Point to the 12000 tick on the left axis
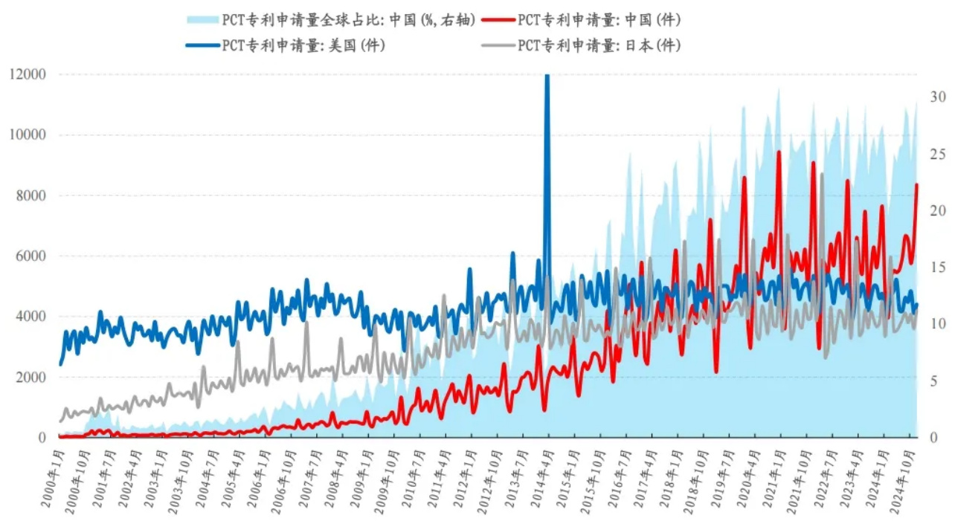pos(29,74)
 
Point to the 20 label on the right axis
pos(936,211)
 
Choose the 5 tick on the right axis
pos(933,381)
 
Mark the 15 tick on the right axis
pos(936,268)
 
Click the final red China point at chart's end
pos(916,184)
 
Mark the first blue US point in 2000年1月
pos(60,364)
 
